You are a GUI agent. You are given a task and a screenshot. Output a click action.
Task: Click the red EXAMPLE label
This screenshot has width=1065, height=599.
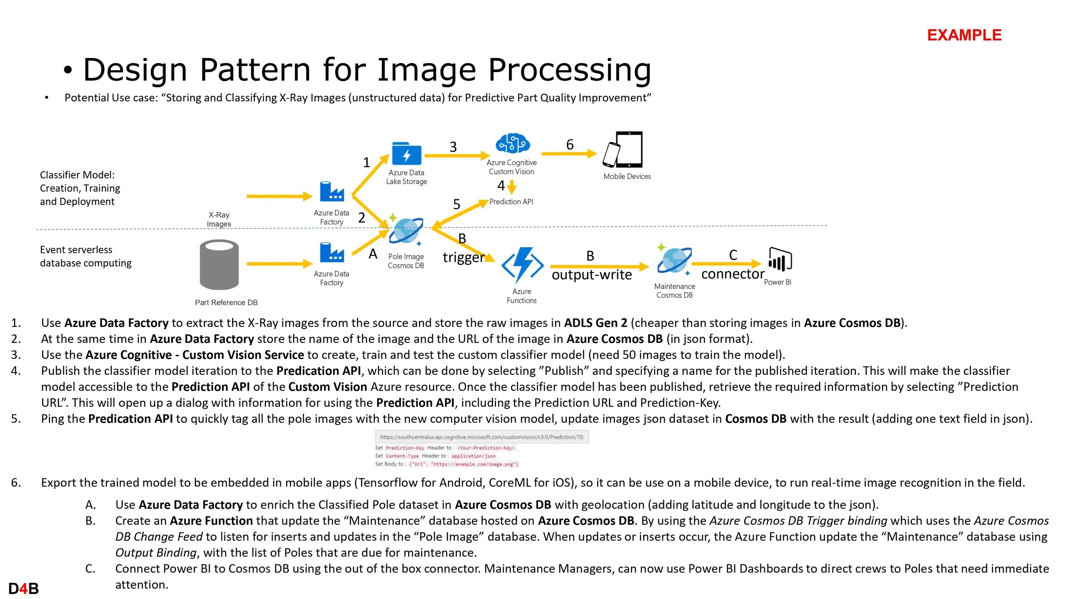pyautogui.click(x=964, y=35)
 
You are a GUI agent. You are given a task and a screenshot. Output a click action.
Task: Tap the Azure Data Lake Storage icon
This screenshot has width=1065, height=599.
pyautogui.click(x=406, y=154)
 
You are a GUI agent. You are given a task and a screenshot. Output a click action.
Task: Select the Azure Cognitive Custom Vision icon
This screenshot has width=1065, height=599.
pyautogui.click(x=512, y=144)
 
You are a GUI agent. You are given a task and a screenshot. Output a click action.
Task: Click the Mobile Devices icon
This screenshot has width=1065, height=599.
pyautogui.click(x=624, y=150)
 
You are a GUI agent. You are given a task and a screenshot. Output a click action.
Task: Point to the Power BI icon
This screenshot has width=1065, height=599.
pyautogui.click(x=780, y=259)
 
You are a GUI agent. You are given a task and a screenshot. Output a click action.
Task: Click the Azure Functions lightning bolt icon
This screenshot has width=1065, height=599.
pyautogui.click(x=523, y=265)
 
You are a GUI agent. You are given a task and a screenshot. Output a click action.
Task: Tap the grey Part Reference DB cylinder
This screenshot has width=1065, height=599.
pyautogui.click(x=219, y=265)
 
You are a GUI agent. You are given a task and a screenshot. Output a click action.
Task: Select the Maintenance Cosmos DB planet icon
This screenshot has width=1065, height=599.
pyautogui.click(x=674, y=260)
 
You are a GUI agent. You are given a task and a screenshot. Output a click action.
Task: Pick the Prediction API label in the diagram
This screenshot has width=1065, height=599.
pyautogui.click(x=511, y=202)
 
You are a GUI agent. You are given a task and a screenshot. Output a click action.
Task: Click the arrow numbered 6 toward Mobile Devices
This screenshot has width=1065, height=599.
pyautogui.click(x=569, y=154)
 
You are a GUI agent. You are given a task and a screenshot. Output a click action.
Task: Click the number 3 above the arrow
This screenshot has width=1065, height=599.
pyautogui.click(x=453, y=147)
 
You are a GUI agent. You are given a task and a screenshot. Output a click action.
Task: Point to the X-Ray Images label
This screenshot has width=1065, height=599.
pyautogui.click(x=219, y=219)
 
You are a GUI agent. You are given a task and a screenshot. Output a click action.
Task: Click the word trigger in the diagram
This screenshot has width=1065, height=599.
pyautogui.click(x=463, y=257)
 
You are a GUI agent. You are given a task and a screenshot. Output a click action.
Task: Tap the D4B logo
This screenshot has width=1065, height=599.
pyautogui.click(x=23, y=589)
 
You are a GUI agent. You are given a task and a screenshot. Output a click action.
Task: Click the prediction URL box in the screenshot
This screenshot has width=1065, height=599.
pyautogui.click(x=482, y=437)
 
